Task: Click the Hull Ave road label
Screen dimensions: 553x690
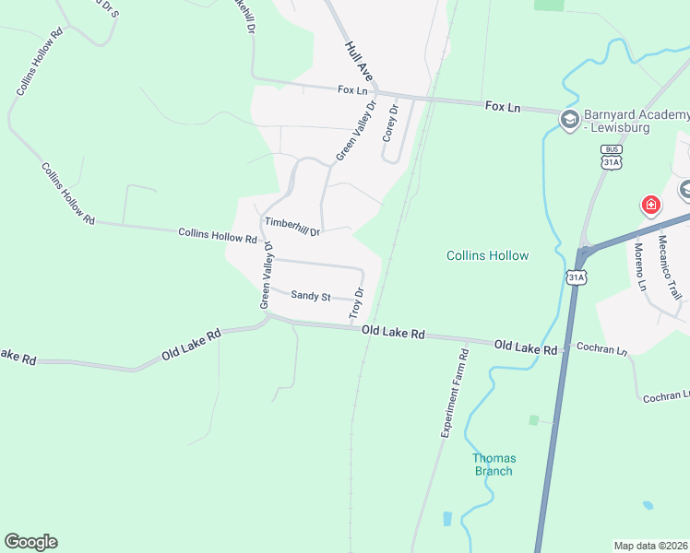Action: click(359, 59)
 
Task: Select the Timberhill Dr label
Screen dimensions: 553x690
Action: click(292, 227)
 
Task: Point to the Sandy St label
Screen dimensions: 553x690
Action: click(310, 296)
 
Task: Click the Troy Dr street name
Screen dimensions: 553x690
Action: click(357, 304)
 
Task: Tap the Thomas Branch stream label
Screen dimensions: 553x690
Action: click(494, 465)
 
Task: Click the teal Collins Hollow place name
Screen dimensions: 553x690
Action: click(488, 255)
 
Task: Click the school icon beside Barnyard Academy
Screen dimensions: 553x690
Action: click(569, 117)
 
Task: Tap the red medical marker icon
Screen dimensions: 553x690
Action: click(650, 204)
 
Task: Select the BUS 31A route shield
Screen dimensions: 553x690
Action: click(611, 158)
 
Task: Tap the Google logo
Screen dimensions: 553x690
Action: click(30, 542)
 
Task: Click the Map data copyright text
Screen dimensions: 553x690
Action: click(650, 546)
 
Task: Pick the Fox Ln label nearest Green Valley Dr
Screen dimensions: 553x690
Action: click(352, 90)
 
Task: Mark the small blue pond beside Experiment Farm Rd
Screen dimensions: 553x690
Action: click(447, 519)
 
